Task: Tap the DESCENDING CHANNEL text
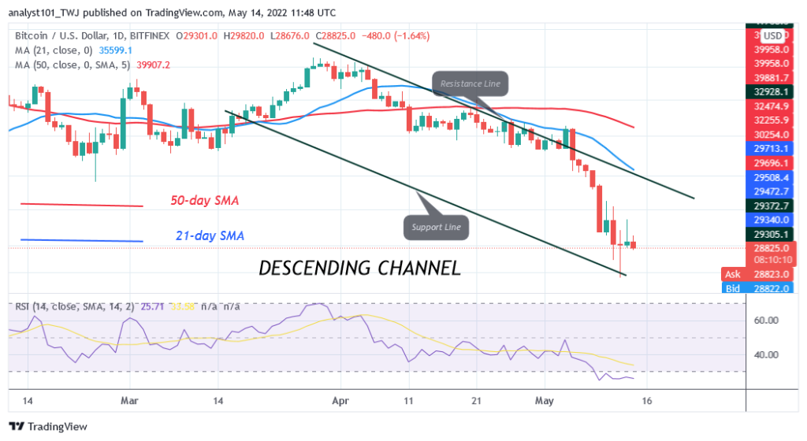(x=360, y=268)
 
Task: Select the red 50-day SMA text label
(x=205, y=201)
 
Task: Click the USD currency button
(x=772, y=35)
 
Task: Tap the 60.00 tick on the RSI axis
(x=766, y=321)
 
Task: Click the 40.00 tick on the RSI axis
(x=766, y=354)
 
